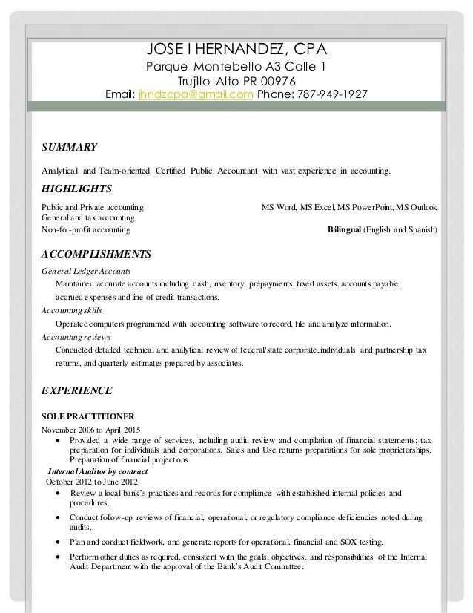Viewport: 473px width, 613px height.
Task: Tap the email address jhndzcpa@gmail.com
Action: click(x=196, y=95)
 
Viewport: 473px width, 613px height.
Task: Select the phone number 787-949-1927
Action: click(x=321, y=95)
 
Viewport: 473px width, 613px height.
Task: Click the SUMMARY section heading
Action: click(x=70, y=146)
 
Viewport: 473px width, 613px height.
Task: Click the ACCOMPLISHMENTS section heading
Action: click(x=96, y=255)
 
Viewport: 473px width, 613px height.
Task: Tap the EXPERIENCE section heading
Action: click(x=76, y=390)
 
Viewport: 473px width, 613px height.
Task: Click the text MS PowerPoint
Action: click(x=367, y=207)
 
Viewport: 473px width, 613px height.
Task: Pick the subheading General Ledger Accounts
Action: click(x=86, y=271)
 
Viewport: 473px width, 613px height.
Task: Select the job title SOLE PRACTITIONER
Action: click(x=87, y=416)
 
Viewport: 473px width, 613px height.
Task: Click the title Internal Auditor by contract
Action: click(x=97, y=472)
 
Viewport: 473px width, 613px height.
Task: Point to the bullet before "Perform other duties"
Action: click(x=59, y=557)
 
